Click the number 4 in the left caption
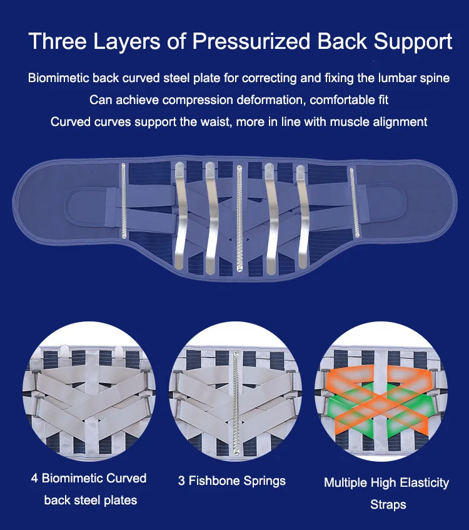[x=35, y=479]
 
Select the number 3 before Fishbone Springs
[x=181, y=481]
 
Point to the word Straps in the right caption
[x=388, y=504]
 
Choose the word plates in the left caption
[x=121, y=501]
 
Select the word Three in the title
[x=56, y=41]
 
